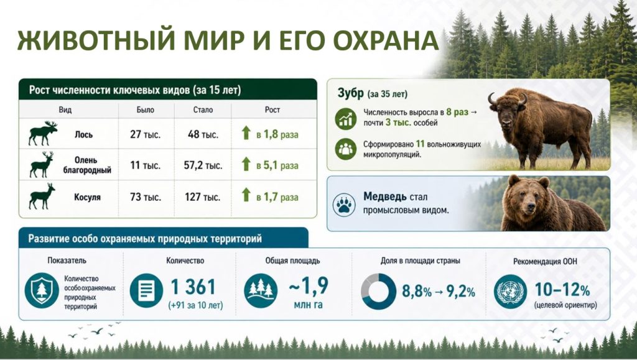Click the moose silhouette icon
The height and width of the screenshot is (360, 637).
tap(43, 133)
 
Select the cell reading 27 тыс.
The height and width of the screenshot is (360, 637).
tap(145, 134)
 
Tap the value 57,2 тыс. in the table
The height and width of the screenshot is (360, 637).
tap(203, 165)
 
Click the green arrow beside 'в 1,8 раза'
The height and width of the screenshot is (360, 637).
tap(246, 132)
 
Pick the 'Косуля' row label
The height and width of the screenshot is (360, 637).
tap(87, 197)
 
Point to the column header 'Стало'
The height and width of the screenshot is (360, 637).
tap(203, 109)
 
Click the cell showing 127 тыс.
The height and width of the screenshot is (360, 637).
tap(202, 197)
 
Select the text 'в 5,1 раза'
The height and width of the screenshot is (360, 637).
tap(277, 165)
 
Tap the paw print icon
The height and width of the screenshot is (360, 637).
tap(344, 205)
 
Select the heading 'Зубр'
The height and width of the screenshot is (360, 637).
tap(351, 93)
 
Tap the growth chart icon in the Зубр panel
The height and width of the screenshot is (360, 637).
tap(346, 119)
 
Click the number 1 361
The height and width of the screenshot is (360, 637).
tap(193, 287)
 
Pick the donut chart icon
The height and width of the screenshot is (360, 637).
tap(378, 291)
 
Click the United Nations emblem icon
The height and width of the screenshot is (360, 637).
tap(510, 292)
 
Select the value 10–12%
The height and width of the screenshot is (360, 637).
tap(562, 290)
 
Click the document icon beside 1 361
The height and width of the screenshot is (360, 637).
tap(146, 290)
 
